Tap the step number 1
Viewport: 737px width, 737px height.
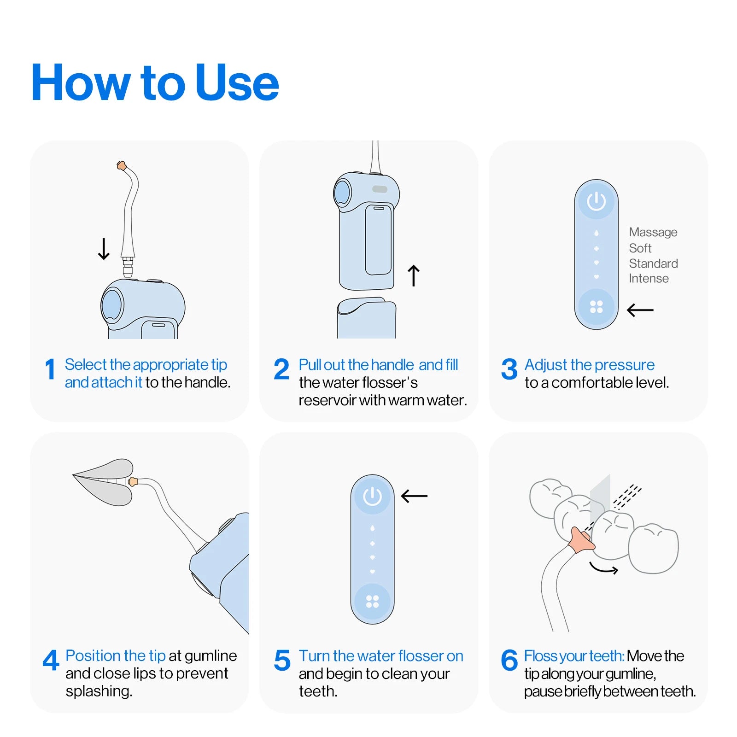tap(50, 369)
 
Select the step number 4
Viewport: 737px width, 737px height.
tap(51, 661)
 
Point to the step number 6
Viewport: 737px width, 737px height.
tap(509, 661)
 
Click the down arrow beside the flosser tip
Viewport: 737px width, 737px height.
tap(104, 249)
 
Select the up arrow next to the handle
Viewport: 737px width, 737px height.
tap(413, 275)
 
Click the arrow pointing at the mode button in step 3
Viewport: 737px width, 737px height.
tap(640, 310)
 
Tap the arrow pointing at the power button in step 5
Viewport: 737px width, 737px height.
tap(414, 496)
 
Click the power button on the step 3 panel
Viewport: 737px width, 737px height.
tap(596, 201)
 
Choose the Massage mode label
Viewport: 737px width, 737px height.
tap(653, 232)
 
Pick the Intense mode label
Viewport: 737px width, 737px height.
tap(648, 279)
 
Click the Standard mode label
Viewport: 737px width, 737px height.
tap(653, 263)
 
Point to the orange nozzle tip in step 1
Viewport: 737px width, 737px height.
tap(121, 165)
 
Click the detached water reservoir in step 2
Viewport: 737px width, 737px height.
tap(366, 318)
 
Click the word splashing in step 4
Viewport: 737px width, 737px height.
tap(99, 691)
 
